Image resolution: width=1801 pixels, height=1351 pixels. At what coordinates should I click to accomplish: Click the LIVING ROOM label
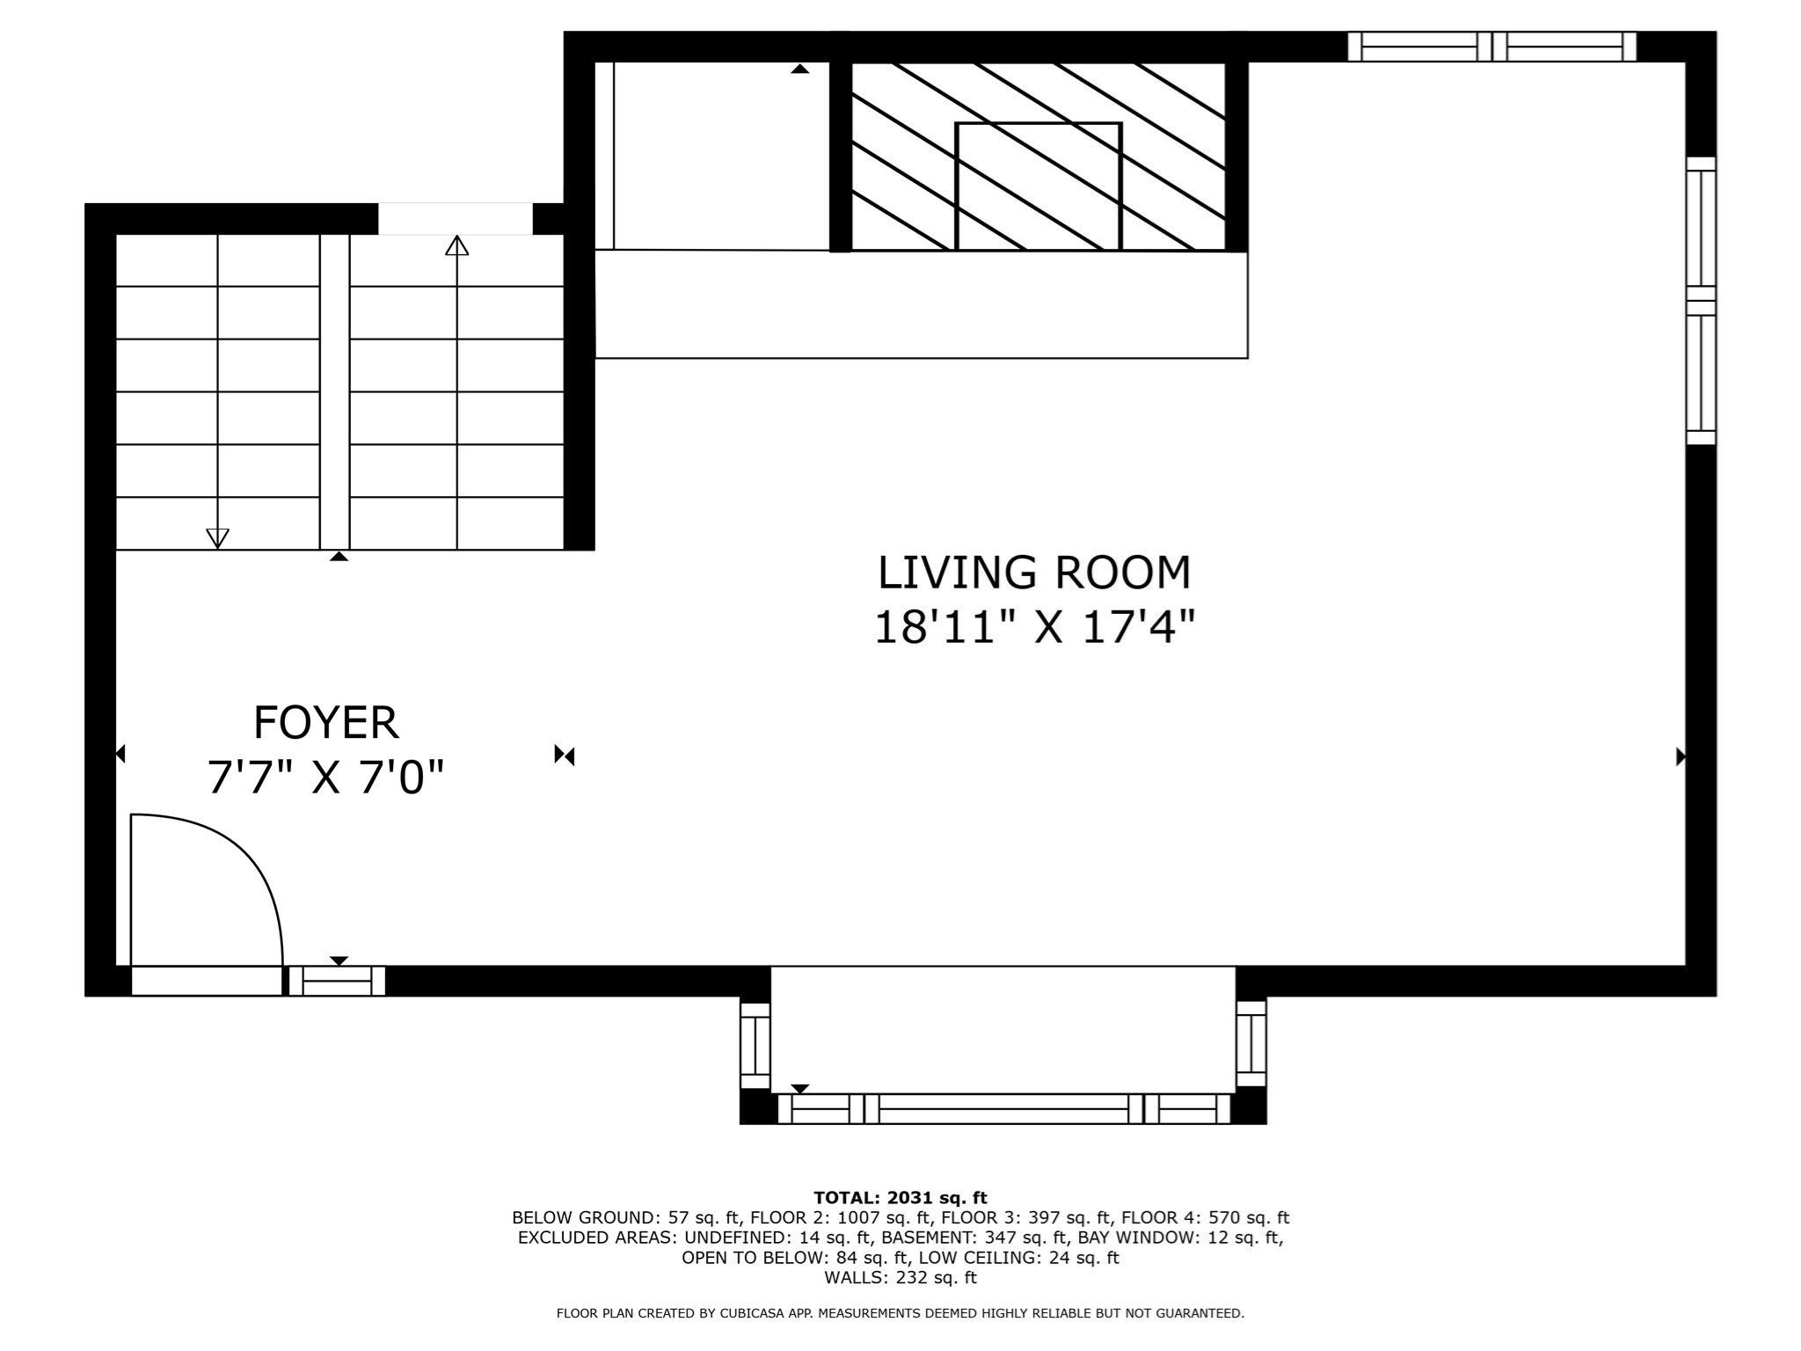pos(1034,573)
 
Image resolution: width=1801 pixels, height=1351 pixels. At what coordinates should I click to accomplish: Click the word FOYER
pos(325,723)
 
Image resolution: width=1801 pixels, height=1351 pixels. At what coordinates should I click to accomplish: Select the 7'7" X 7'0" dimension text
pos(325,778)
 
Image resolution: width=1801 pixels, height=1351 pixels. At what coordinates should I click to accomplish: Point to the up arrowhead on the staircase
pos(456,245)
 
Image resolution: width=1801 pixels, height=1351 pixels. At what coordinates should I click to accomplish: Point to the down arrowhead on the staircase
pos(217,537)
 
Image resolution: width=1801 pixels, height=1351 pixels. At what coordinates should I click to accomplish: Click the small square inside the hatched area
pos(1038,186)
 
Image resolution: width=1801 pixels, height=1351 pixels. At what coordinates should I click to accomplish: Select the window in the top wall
pos(1491,47)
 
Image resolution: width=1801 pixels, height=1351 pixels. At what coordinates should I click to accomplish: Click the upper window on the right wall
pos(1701,229)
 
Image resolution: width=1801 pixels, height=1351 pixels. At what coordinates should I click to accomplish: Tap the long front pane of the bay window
pos(1003,1109)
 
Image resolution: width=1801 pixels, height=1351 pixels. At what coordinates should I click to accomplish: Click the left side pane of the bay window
pos(755,1046)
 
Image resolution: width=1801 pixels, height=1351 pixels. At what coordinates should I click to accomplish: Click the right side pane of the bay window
pos(1250,1044)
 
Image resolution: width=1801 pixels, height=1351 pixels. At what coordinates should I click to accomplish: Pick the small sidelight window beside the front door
pos(338,981)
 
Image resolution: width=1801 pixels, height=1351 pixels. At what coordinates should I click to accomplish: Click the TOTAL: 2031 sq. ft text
pos(900,1198)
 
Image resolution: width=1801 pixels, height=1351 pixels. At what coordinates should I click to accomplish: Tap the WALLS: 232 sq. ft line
pos(900,1277)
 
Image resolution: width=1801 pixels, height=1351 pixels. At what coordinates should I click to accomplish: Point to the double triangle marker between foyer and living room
pos(565,755)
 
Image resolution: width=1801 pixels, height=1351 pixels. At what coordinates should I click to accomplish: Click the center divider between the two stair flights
pos(334,392)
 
